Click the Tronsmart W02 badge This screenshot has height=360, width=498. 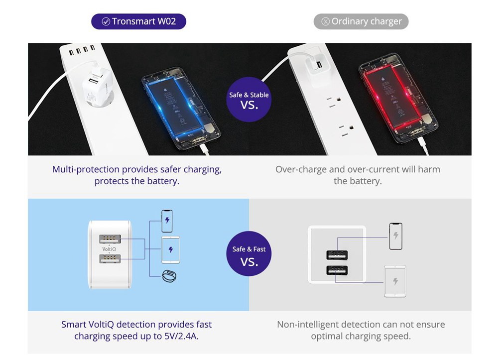(x=138, y=21)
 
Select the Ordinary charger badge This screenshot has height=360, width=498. (x=361, y=21)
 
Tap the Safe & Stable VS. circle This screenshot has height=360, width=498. (x=249, y=100)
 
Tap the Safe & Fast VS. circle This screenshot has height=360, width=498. (x=249, y=254)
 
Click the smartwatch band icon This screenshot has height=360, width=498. (x=170, y=276)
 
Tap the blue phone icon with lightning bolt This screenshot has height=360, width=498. (x=167, y=221)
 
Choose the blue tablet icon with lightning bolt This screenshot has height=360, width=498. (x=170, y=249)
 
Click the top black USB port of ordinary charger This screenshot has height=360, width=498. (x=337, y=255)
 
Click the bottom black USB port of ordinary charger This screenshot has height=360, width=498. (x=337, y=270)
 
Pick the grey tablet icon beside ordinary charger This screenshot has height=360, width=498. (x=395, y=281)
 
